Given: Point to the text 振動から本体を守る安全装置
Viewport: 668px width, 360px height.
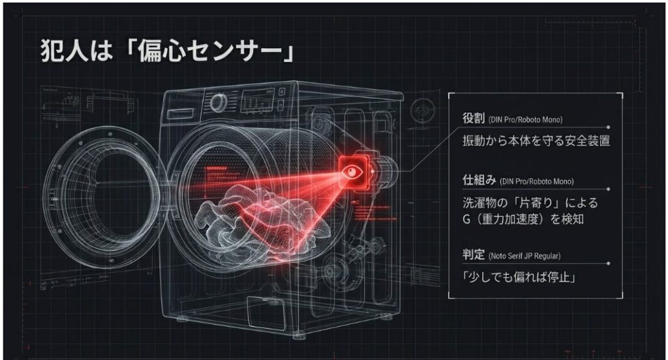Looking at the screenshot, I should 536,140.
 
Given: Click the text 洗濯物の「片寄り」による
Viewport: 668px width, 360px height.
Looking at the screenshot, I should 530,203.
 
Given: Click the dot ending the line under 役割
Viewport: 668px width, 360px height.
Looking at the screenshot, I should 608,128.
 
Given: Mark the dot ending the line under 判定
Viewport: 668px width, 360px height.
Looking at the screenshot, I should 608,263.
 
